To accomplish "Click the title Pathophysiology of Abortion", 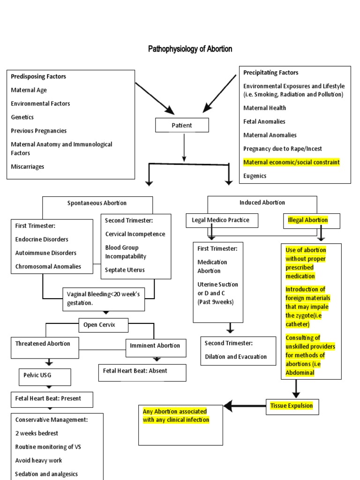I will [190, 49].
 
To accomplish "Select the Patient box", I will [182, 125].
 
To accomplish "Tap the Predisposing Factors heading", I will [38, 76].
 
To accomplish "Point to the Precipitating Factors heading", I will [271, 73].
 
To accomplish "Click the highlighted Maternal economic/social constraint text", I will [292, 162].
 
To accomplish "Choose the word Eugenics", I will [255, 176].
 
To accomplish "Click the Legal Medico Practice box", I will [222, 220].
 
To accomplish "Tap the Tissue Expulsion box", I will [292, 406].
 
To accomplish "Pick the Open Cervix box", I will [99, 325].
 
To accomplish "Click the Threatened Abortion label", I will [43, 344].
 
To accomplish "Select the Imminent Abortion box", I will [155, 346].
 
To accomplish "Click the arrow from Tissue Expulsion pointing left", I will [244, 405].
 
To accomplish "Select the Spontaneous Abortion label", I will [97, 203].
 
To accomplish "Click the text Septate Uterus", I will [125, 270].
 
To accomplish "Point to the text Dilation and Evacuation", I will [236, 357].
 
